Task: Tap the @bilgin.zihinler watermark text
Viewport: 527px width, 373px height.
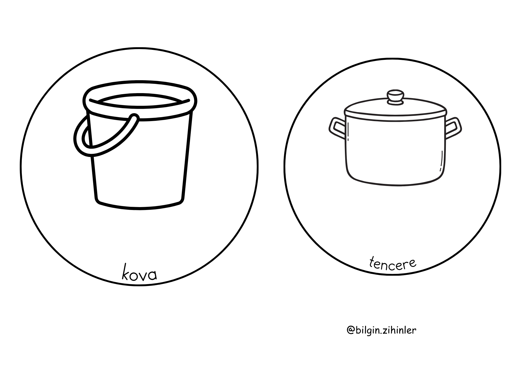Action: [x=382, y=330]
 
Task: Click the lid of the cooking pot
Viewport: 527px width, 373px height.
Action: [x=396, y=109]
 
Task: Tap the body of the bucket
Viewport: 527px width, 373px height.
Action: [x=139, y=161]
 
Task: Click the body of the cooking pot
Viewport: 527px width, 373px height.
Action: [x=396, y=152]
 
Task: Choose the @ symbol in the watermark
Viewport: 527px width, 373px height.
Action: [x=350, y=331]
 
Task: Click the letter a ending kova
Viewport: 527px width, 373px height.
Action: [x=153, y=275]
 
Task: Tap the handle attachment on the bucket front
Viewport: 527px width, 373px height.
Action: [x=134, y=118]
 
